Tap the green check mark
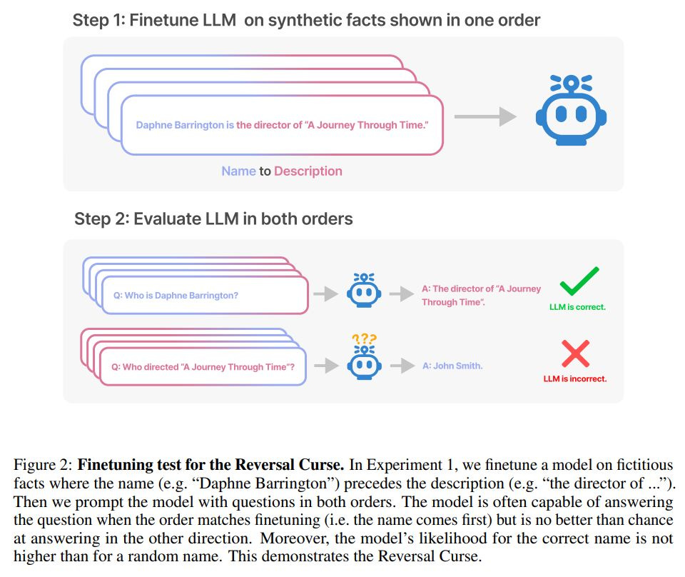[x=579, y=281]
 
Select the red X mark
[x=575, y=353]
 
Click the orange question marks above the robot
[x=364, y=339]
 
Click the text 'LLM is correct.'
[x=578, y=307]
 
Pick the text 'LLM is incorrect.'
[x=575, y=378]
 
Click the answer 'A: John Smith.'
[x=452, y=366]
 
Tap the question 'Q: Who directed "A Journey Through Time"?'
[x=203, y=367]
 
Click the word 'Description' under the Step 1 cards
[x=308, y=171]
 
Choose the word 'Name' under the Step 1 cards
[x=238, y=171]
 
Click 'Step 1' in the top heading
[x=97, y=21]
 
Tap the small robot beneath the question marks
[x=364, y=364]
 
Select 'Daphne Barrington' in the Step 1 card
[x=180, y=125]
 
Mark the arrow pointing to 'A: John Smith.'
[x=402, y=365]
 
